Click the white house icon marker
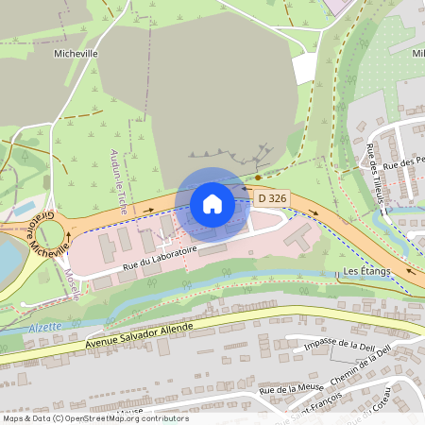(212, 203)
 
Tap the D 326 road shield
(270, 197)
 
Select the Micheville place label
(77, 54)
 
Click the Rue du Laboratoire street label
(159, 262)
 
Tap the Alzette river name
(44, 326)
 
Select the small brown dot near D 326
(258, 177)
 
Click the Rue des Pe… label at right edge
(407, 161)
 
